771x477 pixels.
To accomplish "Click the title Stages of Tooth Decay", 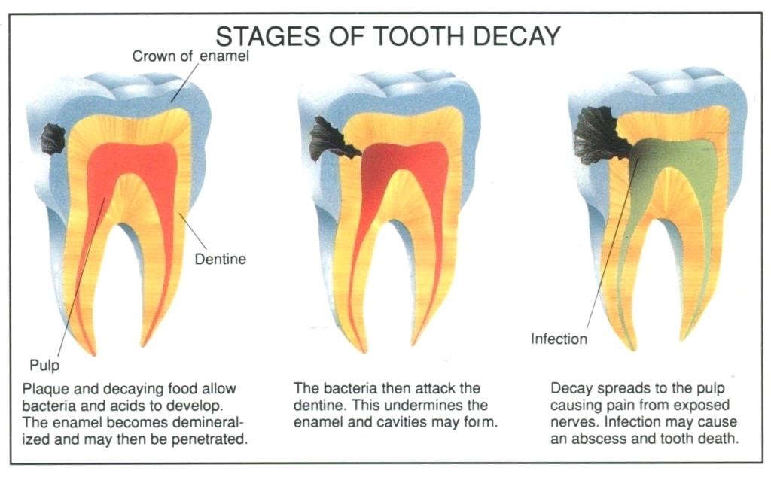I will [388, 35].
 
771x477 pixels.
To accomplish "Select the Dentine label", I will [220, 260].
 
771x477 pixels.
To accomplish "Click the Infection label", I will [559, 339].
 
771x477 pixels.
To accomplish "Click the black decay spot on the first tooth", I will [53, 138].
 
